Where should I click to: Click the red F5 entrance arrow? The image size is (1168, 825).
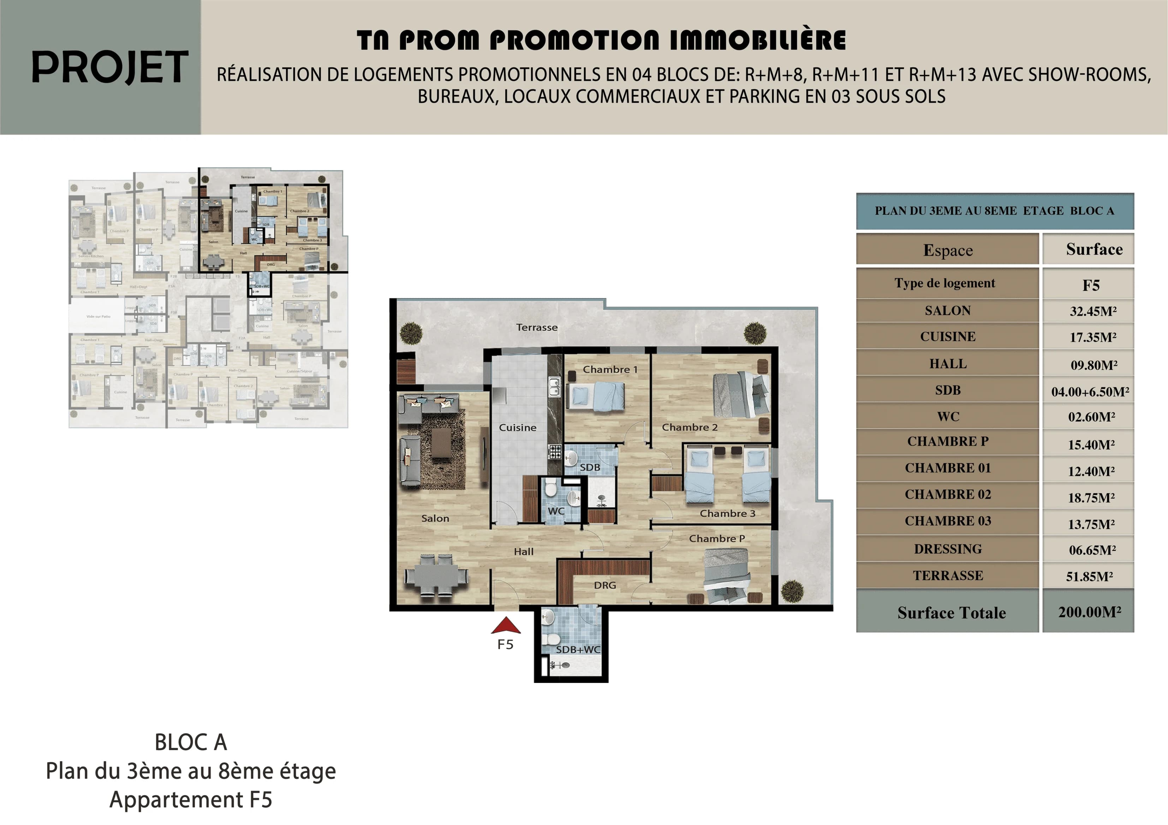coord(506,626)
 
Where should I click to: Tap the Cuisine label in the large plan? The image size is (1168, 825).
coord(517,427)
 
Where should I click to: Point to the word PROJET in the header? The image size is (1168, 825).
coord(109,68)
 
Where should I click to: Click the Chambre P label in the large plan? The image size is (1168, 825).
coord(716,538)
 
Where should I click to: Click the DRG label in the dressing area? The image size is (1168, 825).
coord(605,585)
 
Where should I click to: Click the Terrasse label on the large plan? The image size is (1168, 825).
coord(537,327)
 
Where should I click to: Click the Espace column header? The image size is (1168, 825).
coord(947,250)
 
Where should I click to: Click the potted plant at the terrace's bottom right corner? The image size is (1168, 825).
coord(792,591)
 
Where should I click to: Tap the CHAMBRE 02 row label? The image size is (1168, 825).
coord(947,494)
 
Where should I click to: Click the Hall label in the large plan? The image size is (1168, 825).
coord(524,552)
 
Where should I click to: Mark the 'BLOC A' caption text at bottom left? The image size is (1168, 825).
coord(191,742)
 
